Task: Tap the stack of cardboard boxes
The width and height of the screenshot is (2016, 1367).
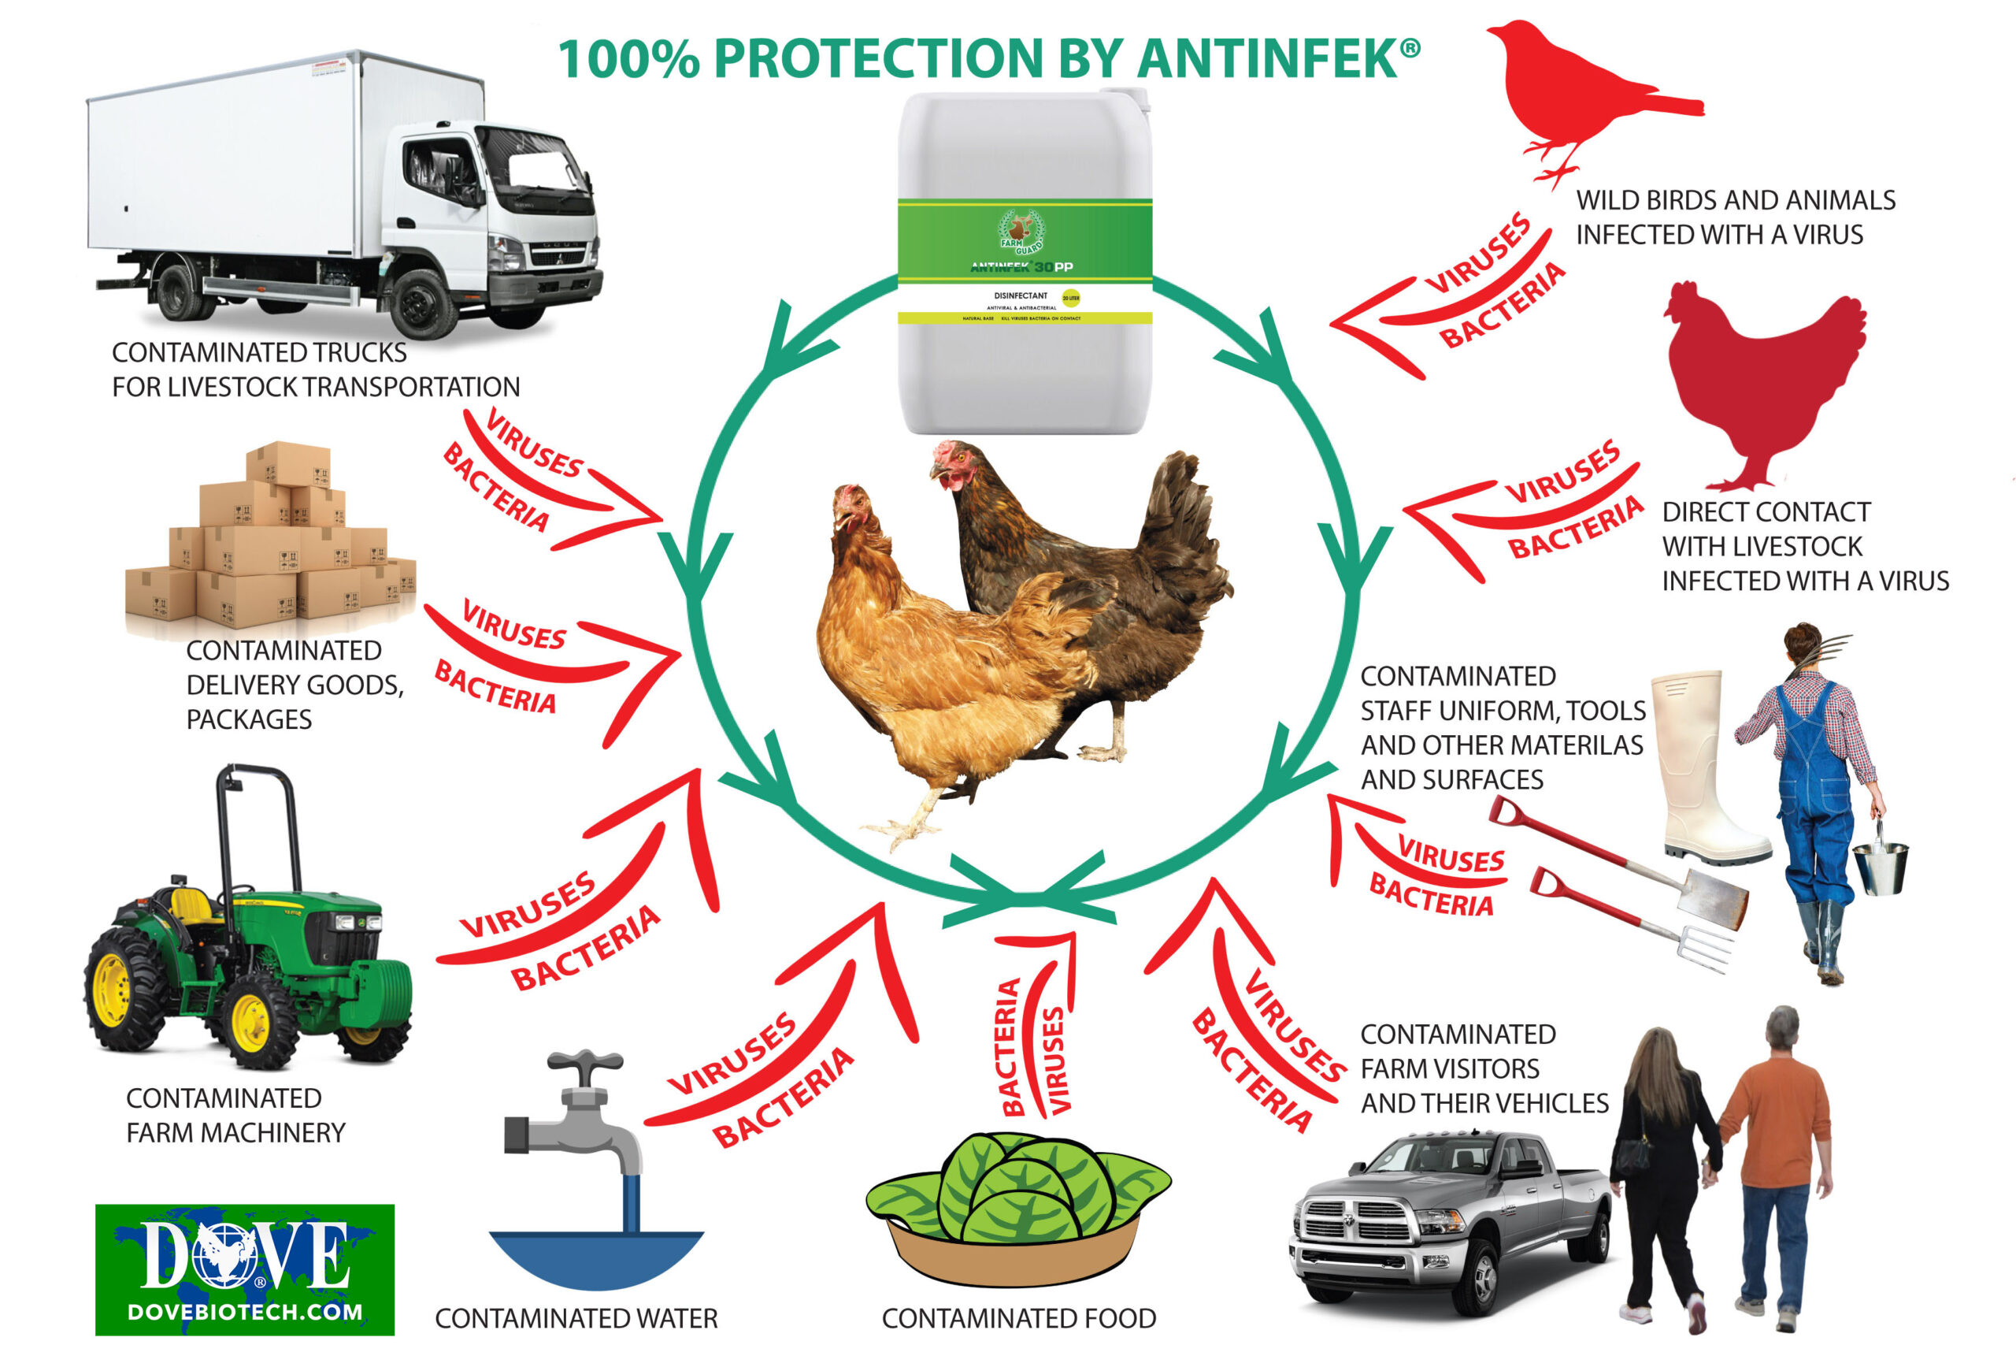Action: pyautogui.click(x=269, y=547)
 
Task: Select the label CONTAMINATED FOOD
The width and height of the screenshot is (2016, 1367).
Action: pyautogui.click(x=1018, y=1318)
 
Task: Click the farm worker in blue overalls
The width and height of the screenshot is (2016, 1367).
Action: pyautogui.click(x=1813, y=781)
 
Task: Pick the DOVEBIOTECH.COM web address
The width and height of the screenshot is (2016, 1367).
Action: pyautogui.click(x=245, y=1311)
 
